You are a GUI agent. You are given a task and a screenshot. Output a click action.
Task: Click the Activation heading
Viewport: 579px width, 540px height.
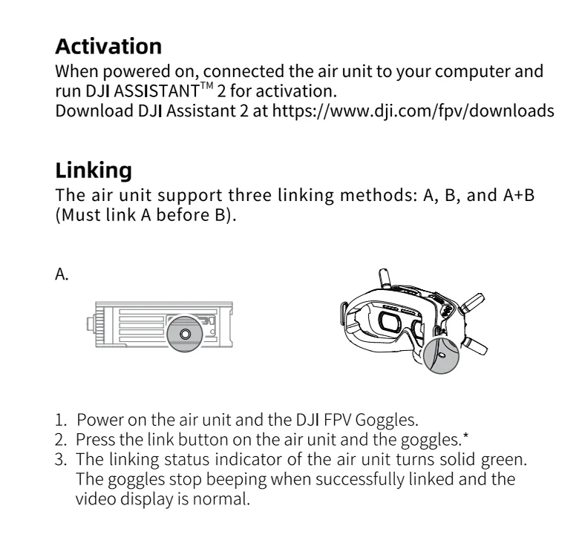[108, 47]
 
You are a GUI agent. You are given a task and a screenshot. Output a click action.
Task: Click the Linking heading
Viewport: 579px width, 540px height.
[94, 170]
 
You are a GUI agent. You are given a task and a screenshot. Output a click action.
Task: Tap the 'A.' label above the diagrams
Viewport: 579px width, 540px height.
[62, 275]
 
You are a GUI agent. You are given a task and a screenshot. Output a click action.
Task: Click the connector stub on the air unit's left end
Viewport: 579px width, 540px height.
[90, 324]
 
